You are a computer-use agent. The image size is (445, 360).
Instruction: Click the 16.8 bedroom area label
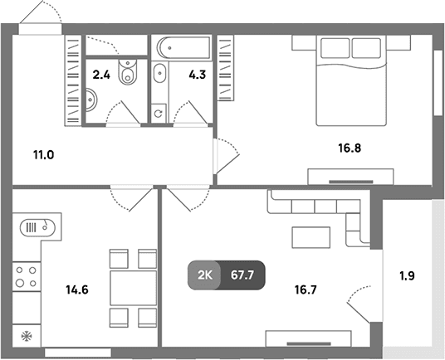[350, 148]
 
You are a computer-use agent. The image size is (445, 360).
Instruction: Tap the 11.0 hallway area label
[44, 155]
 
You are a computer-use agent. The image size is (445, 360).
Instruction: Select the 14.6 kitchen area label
[77, 289]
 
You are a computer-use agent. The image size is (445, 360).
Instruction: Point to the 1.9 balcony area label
[408, 276]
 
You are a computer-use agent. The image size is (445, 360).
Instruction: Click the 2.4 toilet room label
[101, 75]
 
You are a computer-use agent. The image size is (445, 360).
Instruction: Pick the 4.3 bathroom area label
[198, 75]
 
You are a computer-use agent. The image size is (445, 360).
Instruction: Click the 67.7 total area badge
[242, 275]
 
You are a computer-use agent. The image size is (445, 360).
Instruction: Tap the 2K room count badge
[205, 275]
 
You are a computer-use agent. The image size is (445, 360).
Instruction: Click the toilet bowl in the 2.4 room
[128, 72]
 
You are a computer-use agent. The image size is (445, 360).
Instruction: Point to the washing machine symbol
[159, 114]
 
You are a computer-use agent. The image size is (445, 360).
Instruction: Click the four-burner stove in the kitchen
[26, 277]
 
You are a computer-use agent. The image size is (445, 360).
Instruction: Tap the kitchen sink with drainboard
[37, 227]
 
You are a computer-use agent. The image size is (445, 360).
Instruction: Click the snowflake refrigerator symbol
[27, 336]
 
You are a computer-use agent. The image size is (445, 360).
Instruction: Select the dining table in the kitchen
[133, 288]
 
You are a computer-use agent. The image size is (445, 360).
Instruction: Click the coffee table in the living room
[311, 237]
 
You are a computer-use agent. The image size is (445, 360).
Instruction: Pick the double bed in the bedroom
[351, 80]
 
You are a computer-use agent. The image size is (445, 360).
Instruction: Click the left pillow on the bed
[335, 48]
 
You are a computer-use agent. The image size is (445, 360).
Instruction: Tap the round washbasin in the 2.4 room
[91, 100]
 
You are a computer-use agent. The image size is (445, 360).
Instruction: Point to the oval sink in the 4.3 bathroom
[159, 73]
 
